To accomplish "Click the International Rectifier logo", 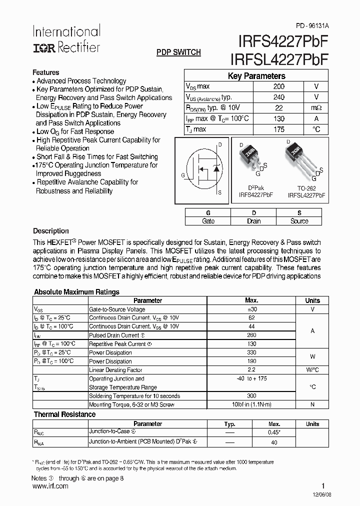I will pyautogui.click(x=66, y=39).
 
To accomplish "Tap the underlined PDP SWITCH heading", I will pyautogui.click(x=178, y=52).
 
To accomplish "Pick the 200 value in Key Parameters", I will pyautogui.click(x=279, y=86).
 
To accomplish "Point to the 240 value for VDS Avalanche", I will pyautogui.click(x=279, y=97).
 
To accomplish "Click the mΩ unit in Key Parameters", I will pyautogui.click(x=316, y=108).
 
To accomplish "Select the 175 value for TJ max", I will pyautogui.click(x=279, y=129).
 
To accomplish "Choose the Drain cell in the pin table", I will pyautogui.click(x=253, y=221).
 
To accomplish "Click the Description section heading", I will pyautogui.click(x=50, y=231).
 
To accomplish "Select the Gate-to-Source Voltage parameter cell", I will pyautogui.click(x=117, y=309).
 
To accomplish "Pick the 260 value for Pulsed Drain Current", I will pyautogui.click(x=251, y=335).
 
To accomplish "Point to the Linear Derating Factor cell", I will pyautogui.click(x=115, y=369).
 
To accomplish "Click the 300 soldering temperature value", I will pyautogui.click(x=251, y=395).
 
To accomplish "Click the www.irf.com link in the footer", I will pyautogui.click(x=49, y=486).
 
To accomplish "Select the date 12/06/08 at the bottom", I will pyautogui.click(x=318, y=493).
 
